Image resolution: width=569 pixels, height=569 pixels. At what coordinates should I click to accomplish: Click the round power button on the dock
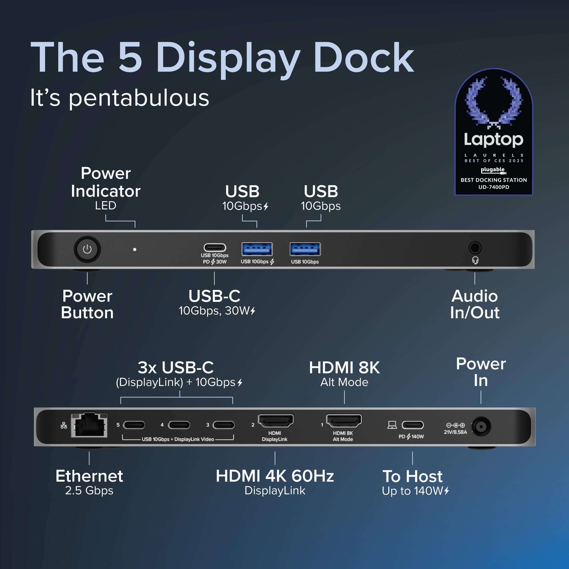pyautogui.click(x=87, y=249)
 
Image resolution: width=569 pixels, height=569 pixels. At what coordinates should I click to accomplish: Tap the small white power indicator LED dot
pyautogui.click(x=135, y=249)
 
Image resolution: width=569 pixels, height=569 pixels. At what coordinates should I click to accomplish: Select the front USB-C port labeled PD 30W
pyautogui.click(x=215, y=247)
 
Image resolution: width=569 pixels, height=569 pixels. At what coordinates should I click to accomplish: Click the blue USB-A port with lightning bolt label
pyautogui.click(x=257, y=249)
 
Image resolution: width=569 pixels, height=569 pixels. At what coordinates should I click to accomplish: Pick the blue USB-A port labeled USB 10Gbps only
pyautogui.click(x=305, y=249)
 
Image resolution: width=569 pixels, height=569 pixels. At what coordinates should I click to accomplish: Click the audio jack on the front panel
pyautogui.click(x=475, y=248)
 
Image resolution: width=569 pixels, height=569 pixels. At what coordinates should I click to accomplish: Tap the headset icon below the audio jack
pyautogui.click(x=475, y=260)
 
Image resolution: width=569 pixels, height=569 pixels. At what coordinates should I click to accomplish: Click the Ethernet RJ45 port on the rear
pyautogui.click(x=89, y=425)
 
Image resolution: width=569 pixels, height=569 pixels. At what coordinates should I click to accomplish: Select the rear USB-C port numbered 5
pyautogui.click(x=134, y=425)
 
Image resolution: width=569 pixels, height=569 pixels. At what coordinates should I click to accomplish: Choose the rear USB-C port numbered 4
pyautogui.click(x=179, y=425)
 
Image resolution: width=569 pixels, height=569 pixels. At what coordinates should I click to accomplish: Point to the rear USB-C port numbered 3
pyautogui.click(x=224, y=425)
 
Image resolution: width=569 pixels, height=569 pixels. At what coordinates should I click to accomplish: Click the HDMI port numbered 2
pyautogui.click(x=276, y=421)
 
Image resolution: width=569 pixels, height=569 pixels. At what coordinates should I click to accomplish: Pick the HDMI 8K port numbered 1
pyautogui.click(x=344, y=421)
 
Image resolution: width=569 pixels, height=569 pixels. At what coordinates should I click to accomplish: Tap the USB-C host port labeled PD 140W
pyautogui.click(x=413, y=425)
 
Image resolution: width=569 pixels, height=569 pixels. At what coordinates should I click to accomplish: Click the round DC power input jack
pyautogui.click(x=481, y=426)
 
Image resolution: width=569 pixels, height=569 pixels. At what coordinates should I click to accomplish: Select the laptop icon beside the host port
pyautogui.click(x=392, y=425)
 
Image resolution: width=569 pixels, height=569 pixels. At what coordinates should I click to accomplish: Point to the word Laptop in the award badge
pyautogui.click(x=494, y=139)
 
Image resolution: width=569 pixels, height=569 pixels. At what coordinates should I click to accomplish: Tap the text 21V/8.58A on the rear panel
pyautogui.click(x=455, y=432)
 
